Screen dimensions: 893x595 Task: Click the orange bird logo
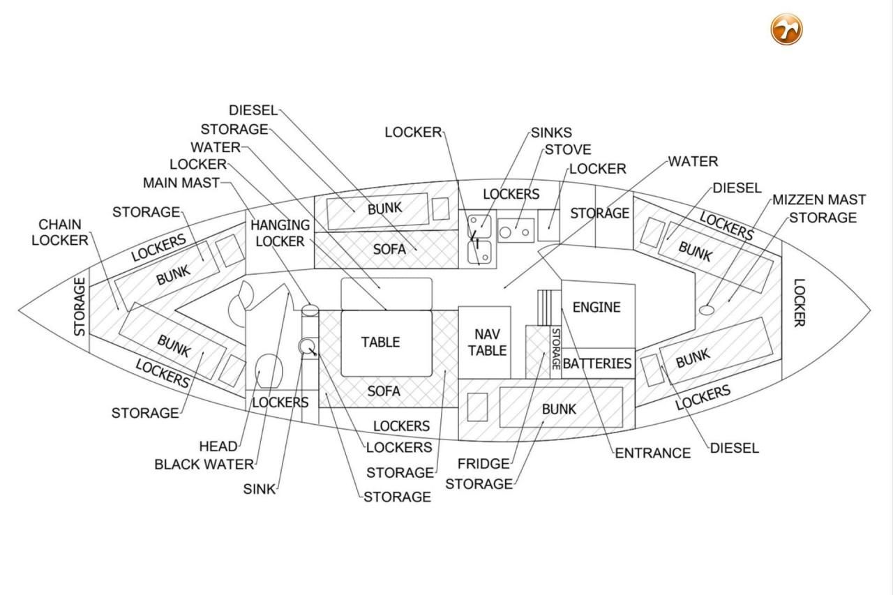click(x=786, y=29)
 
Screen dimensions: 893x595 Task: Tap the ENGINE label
click(x=596, y=307)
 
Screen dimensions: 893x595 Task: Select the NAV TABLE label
click(x=487, y=342)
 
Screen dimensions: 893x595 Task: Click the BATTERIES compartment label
click(x=597, y=363)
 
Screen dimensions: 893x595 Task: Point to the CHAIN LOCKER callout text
click(x=60, y=232)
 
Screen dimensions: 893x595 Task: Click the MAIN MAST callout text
click(x=181, y=183)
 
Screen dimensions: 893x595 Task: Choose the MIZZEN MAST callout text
click(x=819, y=199)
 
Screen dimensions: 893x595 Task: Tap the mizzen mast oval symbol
click(x=707, y=310)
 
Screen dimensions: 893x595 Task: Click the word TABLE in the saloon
click(x=380, y=342)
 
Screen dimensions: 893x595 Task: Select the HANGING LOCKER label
click(x=280, y=233)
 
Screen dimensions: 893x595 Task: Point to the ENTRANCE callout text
click(x=652, y=453)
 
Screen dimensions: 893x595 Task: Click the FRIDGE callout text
click(x=483, y=464)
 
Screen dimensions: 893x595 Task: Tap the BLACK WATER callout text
click(x=204, y=465)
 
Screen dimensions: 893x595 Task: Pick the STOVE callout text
click(x=568, y=149)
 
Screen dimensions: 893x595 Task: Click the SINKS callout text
click(x=551, y=133)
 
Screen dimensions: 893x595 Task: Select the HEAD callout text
click(x=218, y=446)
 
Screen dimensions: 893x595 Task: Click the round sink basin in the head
click(x=306, y=346)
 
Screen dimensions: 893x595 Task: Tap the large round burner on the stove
click(x=505, y=232)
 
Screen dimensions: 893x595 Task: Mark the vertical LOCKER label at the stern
click(x=800, y=303)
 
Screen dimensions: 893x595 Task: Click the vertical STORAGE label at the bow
click(x=80, y=307)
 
